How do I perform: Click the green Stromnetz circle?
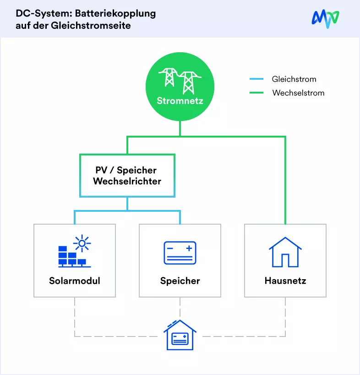(180, 87)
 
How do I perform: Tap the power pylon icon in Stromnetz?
(180, 81)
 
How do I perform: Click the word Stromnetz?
(180, 101)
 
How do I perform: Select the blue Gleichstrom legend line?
(256, 79)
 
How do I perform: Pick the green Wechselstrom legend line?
(256, 93)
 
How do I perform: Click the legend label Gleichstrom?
(294, 79)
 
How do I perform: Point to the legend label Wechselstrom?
(298, 93)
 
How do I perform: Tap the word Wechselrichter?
(127, 181)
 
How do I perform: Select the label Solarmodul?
(75, 281)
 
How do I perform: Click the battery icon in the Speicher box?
(180, 253)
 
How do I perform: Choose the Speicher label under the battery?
(180, 281)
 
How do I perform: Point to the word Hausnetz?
(285, 281)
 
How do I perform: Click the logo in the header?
(325, 19)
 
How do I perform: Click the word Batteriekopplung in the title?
(115, 14)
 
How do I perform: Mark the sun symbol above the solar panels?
(82, 243)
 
